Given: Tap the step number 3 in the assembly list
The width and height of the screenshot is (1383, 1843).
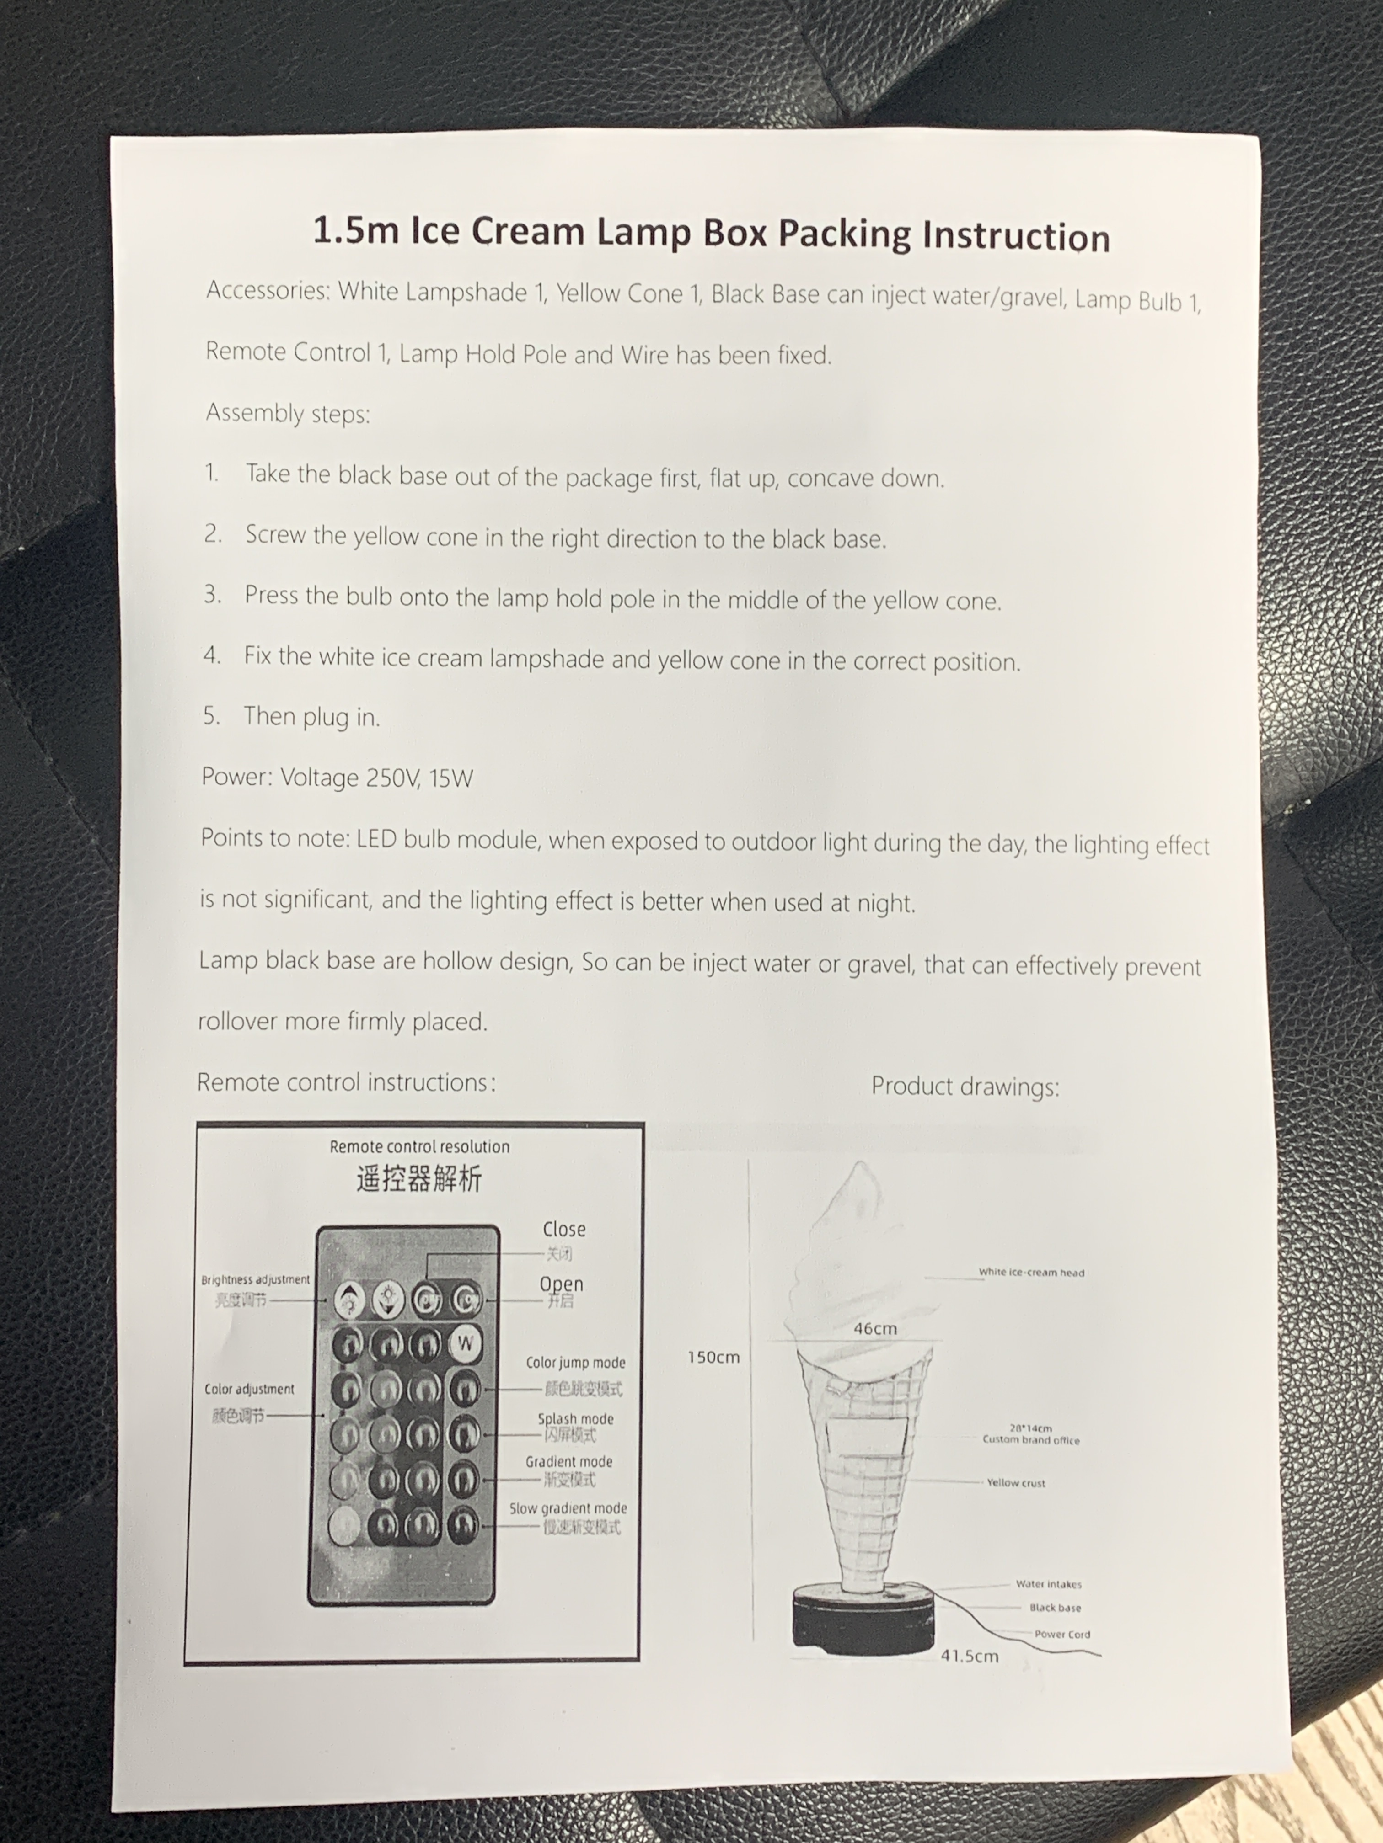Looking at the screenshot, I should coord(213,594).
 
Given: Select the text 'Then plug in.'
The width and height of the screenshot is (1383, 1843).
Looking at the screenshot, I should coord(311,717).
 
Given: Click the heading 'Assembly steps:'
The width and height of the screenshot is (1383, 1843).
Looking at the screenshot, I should coord(288,413).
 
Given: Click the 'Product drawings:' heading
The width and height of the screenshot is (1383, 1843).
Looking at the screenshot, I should coord(965,1087).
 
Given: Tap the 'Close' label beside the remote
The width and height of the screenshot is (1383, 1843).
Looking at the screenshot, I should coord(563,1229).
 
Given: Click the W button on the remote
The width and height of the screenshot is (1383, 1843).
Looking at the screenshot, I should coord(465,1343).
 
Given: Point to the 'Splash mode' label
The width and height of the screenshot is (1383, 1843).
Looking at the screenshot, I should coord(575,1418).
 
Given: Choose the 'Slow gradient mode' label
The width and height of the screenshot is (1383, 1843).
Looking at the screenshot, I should coord(568,1508).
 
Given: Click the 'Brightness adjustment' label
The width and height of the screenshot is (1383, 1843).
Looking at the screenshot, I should coord(255,1279).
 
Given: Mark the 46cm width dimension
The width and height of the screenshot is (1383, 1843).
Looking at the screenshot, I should coord(874,1329).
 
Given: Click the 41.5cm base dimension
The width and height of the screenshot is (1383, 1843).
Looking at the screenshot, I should coord(969,1656).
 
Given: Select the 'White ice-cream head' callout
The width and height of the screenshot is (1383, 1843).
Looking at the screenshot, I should coord(1031,1272).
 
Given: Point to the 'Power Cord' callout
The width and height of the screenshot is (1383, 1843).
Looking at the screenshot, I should coord(1061,1634).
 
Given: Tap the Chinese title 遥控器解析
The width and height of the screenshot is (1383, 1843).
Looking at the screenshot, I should coord(418,1179).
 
